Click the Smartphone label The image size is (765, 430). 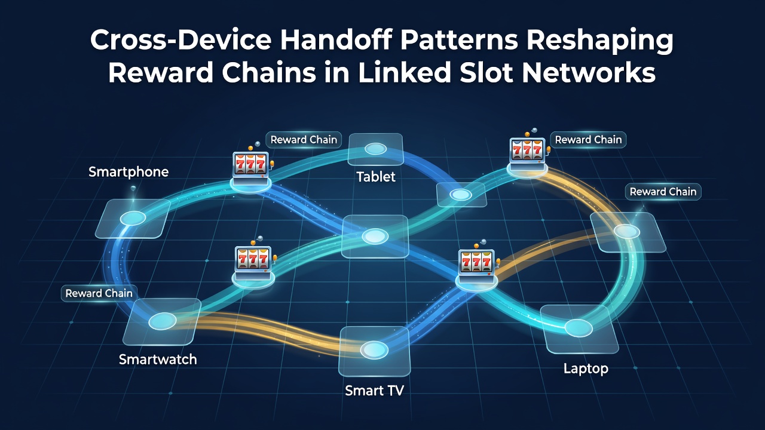click(128, 172)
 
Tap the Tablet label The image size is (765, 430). click(376, 177)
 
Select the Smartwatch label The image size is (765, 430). click(158, 360)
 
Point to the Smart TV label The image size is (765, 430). click(374, 391)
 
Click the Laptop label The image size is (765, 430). click(586, 368)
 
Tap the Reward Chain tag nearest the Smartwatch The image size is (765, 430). click(99, 293)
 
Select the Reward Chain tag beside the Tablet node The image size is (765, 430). click(304, 140)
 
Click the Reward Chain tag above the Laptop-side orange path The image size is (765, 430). click(663, 192)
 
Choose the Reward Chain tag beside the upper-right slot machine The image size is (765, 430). click(588, 140)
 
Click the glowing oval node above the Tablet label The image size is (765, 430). click(376, 149)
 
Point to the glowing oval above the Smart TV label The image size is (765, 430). click(375, 350)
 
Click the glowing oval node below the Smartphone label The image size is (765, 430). click(133, 218)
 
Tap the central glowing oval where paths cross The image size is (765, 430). click(375, 236)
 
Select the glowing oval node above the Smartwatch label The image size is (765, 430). click(163, 321)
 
